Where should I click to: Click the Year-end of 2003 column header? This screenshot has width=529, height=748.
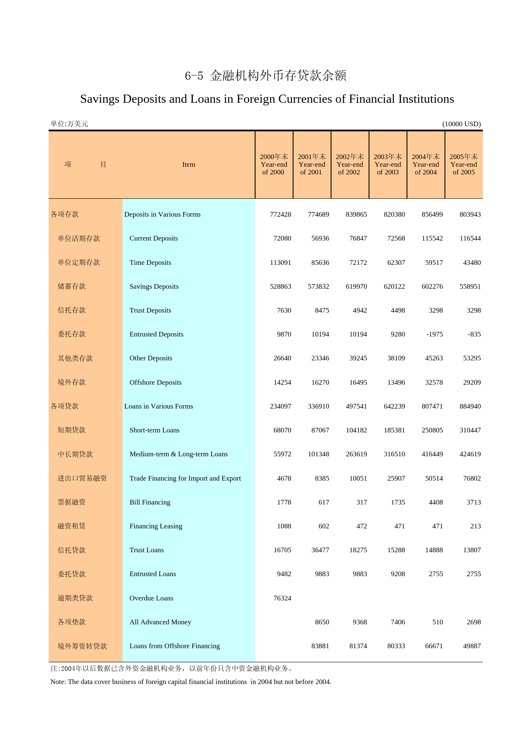tap(388, 165)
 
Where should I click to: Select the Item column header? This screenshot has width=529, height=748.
tap(189, 165)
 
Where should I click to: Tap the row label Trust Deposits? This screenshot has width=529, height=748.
tap(150, 310)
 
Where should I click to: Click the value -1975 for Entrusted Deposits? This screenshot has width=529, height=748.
tap(434, 334)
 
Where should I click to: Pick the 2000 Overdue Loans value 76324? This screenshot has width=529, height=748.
tap(282, 598)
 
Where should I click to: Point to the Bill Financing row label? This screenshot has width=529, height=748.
tap(150, 502)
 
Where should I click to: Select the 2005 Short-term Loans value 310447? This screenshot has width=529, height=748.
tap(470, 430)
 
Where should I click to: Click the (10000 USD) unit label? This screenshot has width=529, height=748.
tap(461, 124)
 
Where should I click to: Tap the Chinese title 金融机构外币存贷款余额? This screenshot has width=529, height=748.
tap(278, 75)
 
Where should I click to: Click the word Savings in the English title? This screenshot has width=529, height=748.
tap(99, 99)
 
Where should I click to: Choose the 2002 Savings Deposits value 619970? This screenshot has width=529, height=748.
tap(356, 287)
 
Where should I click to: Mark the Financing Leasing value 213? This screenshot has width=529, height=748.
tap(475, 526)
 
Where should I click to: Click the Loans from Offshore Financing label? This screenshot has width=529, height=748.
tap(174, 646)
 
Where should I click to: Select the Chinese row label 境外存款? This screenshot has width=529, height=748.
tap(72, 383)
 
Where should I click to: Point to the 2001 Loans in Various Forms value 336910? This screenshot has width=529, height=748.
tap(318, 406)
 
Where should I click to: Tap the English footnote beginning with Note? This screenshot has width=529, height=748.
tap(191, 682)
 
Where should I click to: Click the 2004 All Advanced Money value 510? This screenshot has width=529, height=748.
tap(437, 622)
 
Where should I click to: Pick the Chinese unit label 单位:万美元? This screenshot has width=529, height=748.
tap(69, 124)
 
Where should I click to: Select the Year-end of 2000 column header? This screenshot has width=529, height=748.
tap(274, 165)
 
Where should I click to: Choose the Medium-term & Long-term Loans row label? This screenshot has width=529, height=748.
tap(178, 454)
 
